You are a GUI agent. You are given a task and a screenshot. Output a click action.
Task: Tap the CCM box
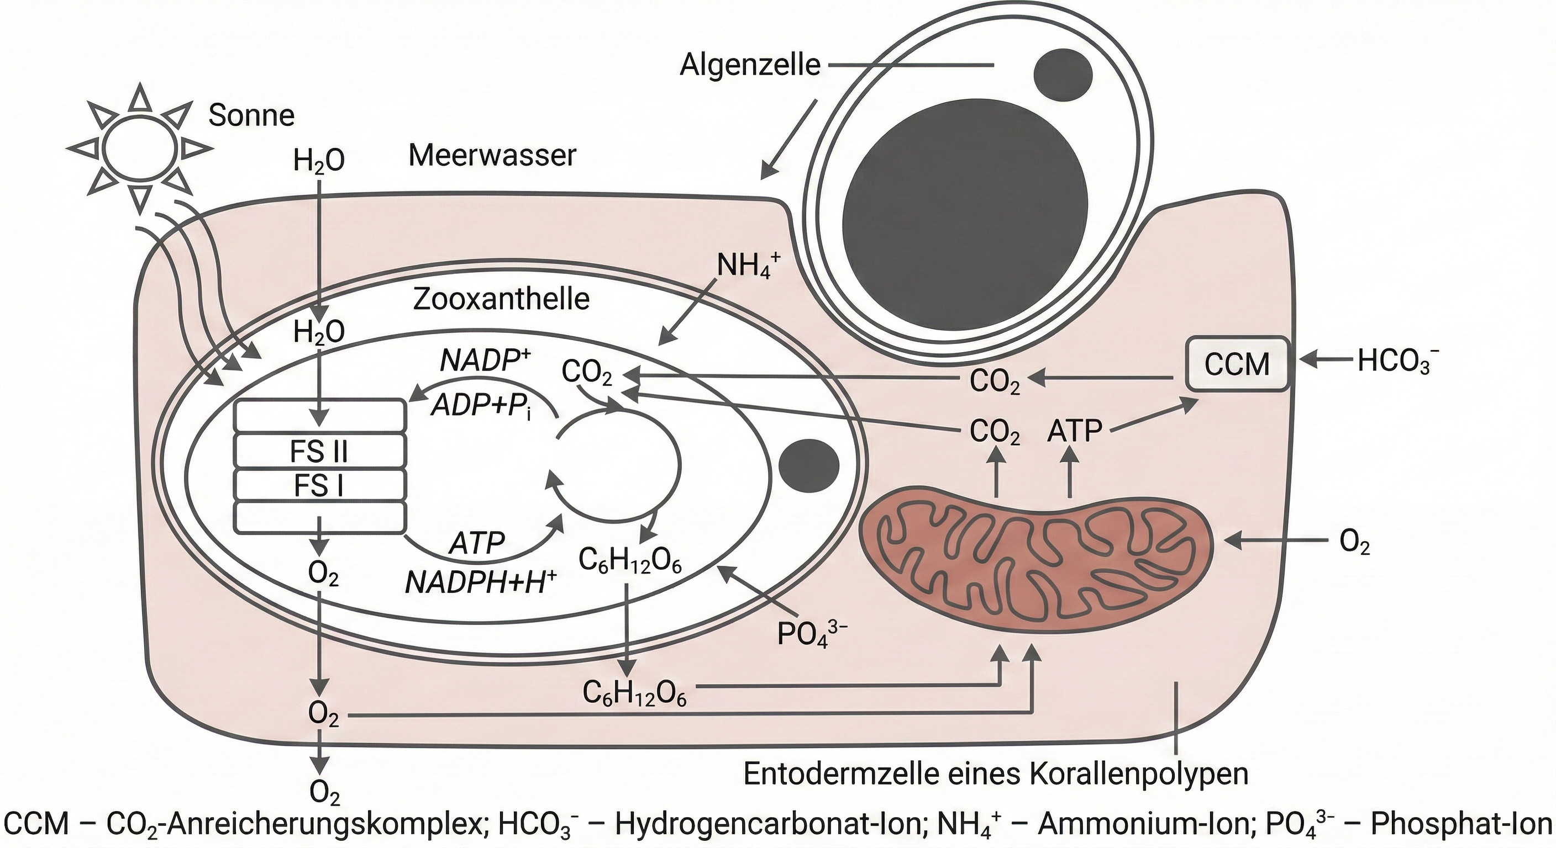1237,364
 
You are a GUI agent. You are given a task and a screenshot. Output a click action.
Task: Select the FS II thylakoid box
319,451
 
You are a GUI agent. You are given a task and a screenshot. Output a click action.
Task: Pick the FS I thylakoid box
319,486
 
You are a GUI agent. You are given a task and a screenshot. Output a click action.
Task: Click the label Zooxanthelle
501,299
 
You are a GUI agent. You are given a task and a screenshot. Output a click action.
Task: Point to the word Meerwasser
492,156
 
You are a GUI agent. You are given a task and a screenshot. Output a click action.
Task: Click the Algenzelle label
750,65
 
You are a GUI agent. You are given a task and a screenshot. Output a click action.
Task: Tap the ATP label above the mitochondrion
1075,432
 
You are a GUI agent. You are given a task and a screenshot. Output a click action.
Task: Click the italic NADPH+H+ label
480,582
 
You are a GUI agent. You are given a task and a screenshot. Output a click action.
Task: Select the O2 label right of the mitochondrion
1354,544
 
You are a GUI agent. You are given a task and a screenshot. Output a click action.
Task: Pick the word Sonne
251,115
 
